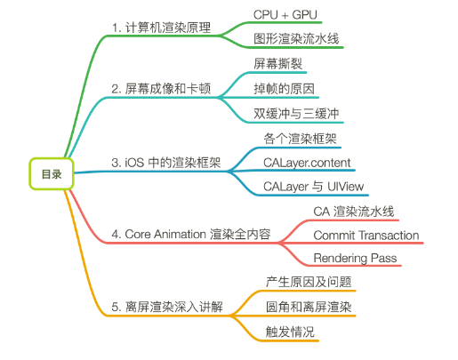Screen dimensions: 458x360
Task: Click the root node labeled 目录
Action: tap(52, 174)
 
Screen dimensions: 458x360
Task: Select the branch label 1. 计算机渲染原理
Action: tap(161, 28)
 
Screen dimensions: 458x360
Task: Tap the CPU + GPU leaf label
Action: tap(285, 14)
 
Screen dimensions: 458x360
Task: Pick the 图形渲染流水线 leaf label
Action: tap(296, 39)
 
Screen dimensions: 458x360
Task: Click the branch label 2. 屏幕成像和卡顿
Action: tap(161, 89)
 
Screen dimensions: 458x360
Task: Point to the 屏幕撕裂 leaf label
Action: tap(277, 64)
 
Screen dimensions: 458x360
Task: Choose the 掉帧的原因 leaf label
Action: tap(284, 89)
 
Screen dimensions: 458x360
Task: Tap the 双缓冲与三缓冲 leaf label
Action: tap(296, 114)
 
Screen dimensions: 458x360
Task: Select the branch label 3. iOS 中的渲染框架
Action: tap(166, 163)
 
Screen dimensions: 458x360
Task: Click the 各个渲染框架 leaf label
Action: tap(300, 139)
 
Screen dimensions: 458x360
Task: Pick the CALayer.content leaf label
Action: tap(307, 163)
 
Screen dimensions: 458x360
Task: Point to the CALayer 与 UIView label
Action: tap(313, 187)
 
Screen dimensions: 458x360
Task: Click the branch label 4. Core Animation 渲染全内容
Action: tap(191, 234)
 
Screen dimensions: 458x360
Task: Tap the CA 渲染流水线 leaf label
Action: tap(354, 212)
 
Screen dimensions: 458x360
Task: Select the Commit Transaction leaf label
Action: tap(366, 236)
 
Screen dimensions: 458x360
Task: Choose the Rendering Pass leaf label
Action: tap(355, 258)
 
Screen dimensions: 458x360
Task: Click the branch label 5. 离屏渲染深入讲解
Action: tap(167, 307)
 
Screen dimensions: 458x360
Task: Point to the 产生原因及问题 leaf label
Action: tap(309, 282)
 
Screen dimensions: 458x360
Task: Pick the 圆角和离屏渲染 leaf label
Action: tap(309, 307)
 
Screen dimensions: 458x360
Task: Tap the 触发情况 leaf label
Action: tap(290, 332)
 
